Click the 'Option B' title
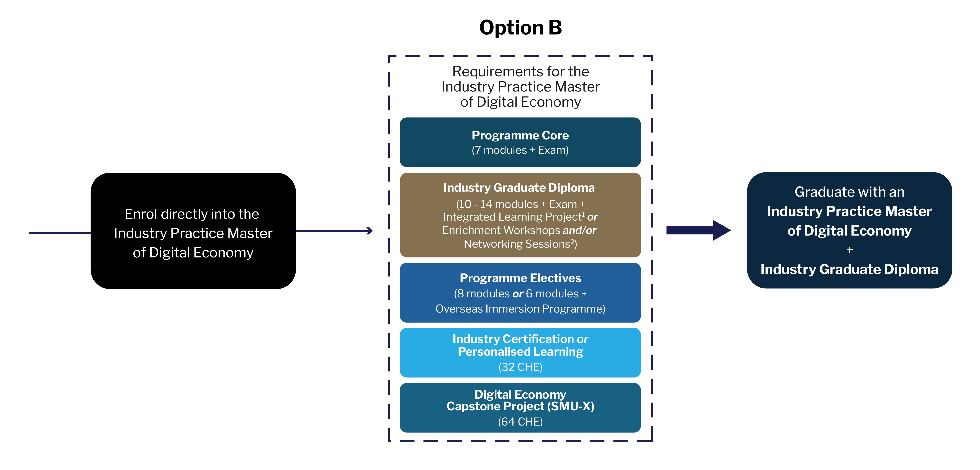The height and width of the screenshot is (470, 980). pyautogui.click(x=520, y=27)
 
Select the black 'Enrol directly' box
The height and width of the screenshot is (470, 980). pyautogui.click(x=193, y=231)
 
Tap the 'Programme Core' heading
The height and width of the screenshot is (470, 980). pyautogui.click(x=520, y=135)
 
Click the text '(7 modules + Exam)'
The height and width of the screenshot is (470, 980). pyautogui.click(x=520, y=150)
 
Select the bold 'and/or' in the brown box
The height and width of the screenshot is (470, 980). pyautogui.click(x=579, y=230)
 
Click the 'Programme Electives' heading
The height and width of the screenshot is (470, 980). pyautogui.click(x=520, y=278)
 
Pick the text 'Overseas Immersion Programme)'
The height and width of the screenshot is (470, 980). pyautogui.click(x=520, y=309)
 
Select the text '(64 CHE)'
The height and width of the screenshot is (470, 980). pyautogui.click(x=520, y=422)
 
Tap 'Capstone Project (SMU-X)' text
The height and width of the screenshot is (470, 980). pyautogui.click(x=520, y=406)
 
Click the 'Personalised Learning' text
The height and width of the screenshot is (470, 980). pyautogui.click(x=520, y=352)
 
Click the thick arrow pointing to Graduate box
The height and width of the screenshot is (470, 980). pyautogui.click(x=698, y=230)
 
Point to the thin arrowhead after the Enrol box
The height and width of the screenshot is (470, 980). pyautogui.click(x=369, y=231)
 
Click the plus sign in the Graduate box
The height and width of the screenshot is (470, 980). pyautogui.click(x=850, y=250)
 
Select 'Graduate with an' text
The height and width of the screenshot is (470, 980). pyautogui.click(x=850, y=192)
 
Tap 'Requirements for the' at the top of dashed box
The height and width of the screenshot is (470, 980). pyautogui.click(x=520, y=72)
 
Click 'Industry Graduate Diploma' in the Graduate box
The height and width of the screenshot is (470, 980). pyautogui.click(x=850, y=269)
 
